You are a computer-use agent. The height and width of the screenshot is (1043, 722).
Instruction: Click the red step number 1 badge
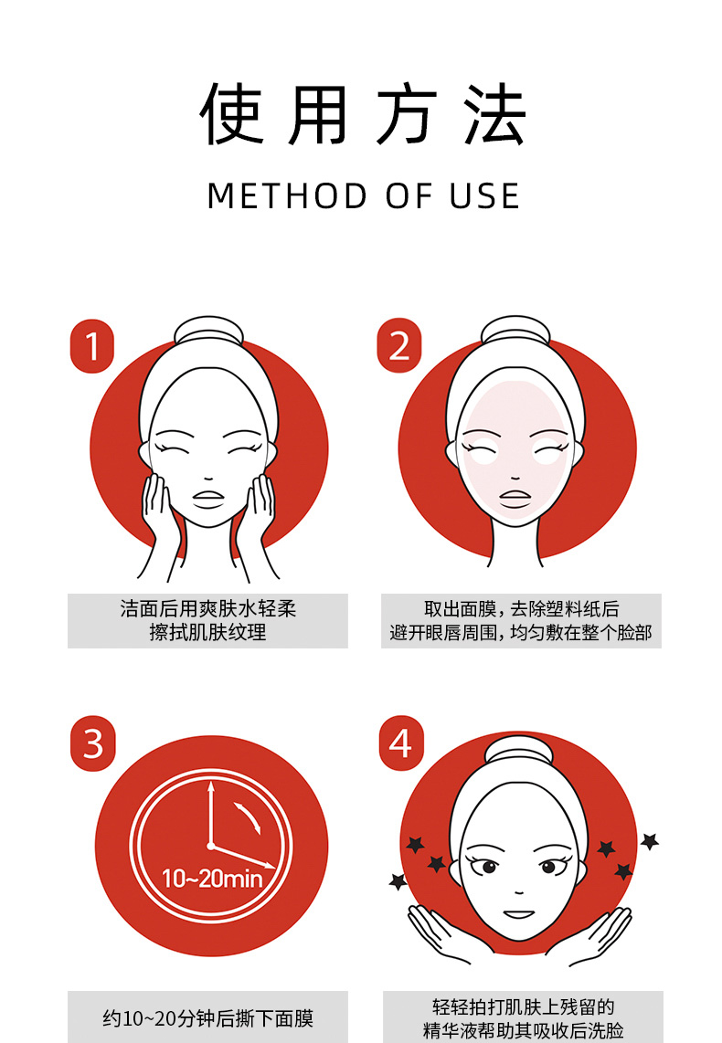91,346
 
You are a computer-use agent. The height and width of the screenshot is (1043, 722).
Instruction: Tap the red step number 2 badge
399,345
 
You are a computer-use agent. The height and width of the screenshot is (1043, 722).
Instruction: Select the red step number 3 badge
92,743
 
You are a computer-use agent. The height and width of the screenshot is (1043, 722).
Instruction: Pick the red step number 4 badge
401,743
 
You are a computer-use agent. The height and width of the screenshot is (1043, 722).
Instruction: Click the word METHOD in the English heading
287,196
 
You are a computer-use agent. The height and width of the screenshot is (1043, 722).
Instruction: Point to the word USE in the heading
484,196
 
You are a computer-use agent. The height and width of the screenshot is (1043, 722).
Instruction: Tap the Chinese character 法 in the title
495,114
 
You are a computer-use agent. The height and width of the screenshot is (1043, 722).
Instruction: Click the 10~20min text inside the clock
212,879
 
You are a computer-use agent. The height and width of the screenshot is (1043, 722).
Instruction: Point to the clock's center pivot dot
211,846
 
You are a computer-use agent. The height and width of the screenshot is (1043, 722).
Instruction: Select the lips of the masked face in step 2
515,499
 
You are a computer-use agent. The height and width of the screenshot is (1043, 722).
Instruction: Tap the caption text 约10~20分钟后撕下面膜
207,1017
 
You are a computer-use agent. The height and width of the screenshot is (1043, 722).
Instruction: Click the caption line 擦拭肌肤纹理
207,632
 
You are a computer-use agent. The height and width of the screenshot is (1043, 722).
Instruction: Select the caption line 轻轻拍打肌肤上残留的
523,1006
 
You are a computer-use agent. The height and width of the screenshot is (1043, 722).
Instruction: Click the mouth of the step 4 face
519,914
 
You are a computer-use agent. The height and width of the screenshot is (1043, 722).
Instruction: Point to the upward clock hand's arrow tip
211,783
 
